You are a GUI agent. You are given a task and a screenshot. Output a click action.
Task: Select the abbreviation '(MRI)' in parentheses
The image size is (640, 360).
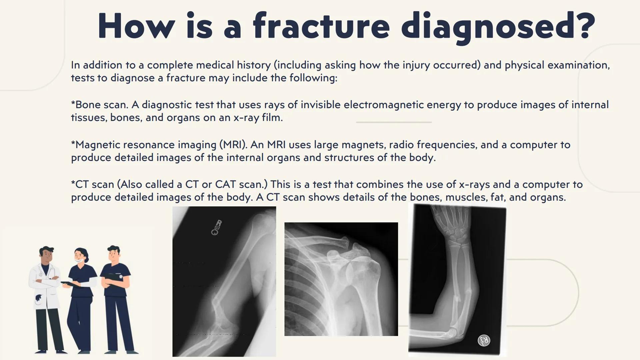coord(233,145)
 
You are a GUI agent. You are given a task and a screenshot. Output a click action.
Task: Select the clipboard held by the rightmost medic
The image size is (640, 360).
coord(113,276)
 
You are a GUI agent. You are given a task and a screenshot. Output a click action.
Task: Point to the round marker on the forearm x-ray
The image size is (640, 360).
coord(484,340)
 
